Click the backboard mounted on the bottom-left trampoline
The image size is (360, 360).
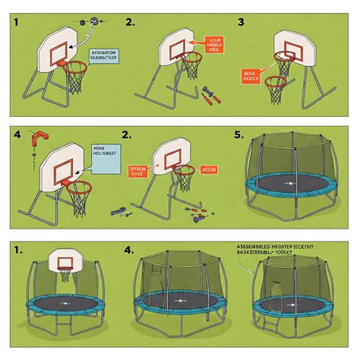pos(63,263)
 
